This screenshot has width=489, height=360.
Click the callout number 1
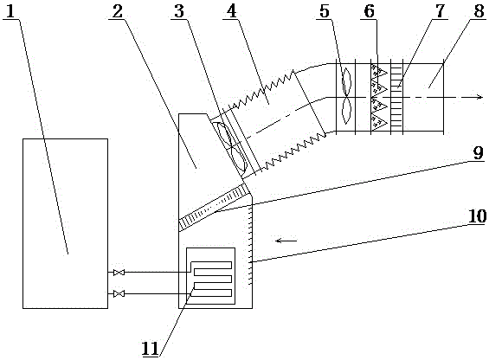tap(10, 11)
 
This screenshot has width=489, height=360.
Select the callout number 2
tap(118, 11)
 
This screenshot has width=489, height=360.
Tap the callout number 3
tap(179, 11)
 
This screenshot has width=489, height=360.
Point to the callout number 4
tap(231, 11)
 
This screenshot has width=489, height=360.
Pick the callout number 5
tap(325, 11)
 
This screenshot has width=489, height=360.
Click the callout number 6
tap(370, 11)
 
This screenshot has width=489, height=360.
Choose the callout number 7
tap(440, 11)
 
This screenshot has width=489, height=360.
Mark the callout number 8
tap(479, 11)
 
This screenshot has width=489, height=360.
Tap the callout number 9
tap(478, 153)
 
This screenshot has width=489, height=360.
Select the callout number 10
tap(477, 215)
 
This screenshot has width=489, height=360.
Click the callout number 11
tap(151, 349)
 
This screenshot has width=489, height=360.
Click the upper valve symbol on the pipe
tap(119, 273)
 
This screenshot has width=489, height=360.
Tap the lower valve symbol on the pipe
tap(119, 293)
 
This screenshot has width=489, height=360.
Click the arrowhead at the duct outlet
tap(479, 97)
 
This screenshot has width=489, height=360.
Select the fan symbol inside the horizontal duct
tap(347, 97)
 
